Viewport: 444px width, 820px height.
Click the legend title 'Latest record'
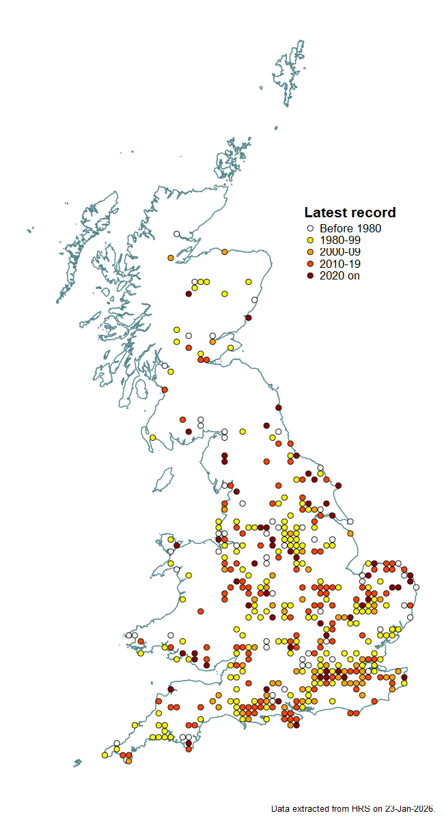pyautogui.click(x=350, y=213)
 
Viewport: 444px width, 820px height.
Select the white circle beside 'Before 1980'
pyautogui.click(x=309, y=229)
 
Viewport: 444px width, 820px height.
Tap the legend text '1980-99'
pyautogui.click(x=339, y=241)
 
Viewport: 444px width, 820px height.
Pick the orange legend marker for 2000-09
pyautogui.click(x=309, y=252)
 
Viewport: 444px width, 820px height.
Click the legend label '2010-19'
pyautogui.click(x=339, y=264)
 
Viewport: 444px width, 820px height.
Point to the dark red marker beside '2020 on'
pyautogui.click(x=309, y=275)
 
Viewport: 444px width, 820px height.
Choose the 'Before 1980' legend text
pyautogui.click(x=350, y=229)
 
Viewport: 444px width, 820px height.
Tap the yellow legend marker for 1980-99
pyautogui.click(x=309, y=241)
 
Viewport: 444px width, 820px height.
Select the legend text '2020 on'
pyautogui.click(x=339, y=275)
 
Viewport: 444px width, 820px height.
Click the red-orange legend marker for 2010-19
pyautogui.click(x=309, y=264)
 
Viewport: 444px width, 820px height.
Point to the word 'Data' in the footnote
pyautogui.click(x=281, y=808)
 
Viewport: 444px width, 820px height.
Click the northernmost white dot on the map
pyautogui.click(x=177, y=234)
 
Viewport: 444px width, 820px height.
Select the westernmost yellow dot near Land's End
pyautogui.click(x=105, y=755)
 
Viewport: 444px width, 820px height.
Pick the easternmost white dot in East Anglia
pyautogui.click(x=416, y=587)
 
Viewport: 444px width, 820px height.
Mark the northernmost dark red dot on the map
pyautogui.click(x=189, y=294)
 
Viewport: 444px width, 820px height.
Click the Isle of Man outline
pyautogui.click(x=163, y=480)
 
